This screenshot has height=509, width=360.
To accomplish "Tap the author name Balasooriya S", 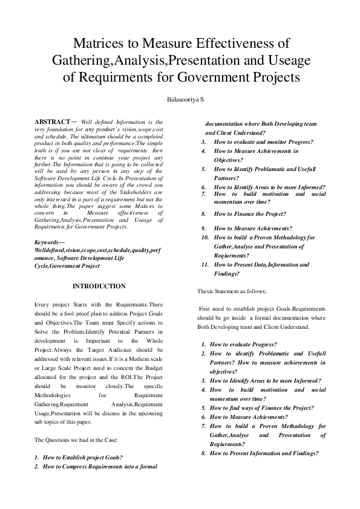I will click(180, 99).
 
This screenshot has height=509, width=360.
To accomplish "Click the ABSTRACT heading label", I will click(53, 122).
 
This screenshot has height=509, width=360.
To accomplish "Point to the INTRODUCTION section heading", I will click(99, 286).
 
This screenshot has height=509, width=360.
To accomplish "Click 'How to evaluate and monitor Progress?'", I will click(263, 142).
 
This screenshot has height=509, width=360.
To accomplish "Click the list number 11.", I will click(205, 265).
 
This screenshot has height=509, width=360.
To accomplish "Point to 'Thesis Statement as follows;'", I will click(232, 291).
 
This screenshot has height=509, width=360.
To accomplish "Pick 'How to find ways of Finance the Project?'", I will click(261, 408).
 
